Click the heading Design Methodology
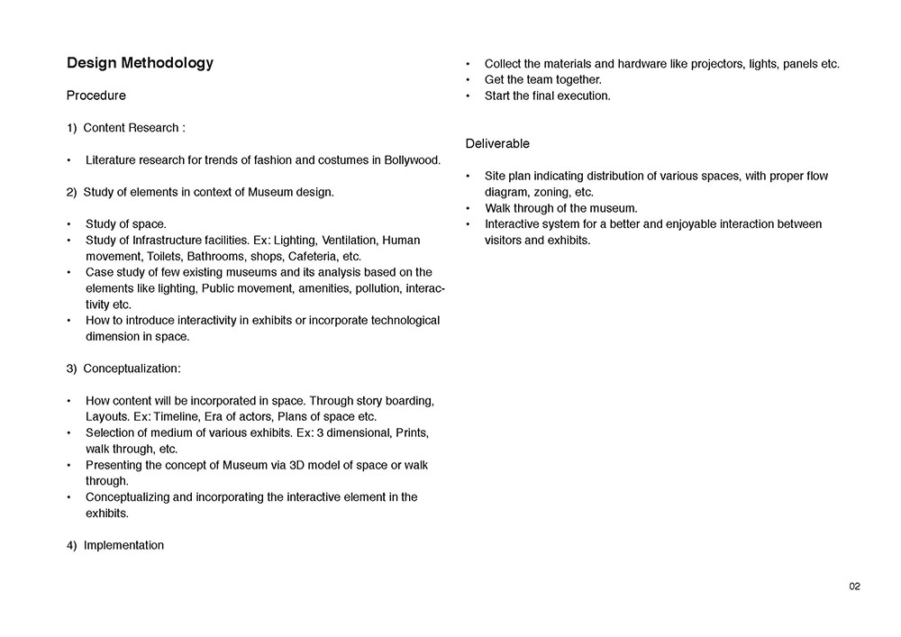tap(140, 63)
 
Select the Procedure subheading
tap(96, 96)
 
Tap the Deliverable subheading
tap(497, 143)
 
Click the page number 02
tap(855, 587)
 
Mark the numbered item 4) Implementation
tap(115, 545)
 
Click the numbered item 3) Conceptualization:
tap(123, 369)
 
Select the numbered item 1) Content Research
tap(125, 128)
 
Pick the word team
tap(542, 79)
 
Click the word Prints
tap(411, 432)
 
